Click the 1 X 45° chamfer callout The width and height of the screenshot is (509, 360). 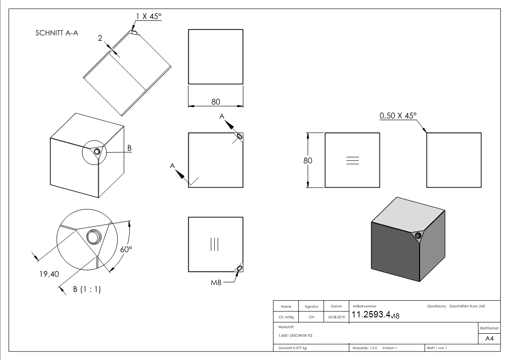click(148, 16)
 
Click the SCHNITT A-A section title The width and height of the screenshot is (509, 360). click(57, 33)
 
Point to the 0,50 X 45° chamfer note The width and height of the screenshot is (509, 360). click(398, 116)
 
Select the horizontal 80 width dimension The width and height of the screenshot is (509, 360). click(216, 102)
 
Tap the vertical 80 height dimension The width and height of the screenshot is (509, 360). click(308, 160)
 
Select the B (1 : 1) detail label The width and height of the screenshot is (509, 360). click(87, 289)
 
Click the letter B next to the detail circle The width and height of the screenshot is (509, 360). click(129, 148)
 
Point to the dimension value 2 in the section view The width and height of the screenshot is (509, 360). click(100, 39)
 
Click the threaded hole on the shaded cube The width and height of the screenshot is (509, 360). click(418, 235)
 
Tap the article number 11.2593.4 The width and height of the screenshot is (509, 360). click(371, 315)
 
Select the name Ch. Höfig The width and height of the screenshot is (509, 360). click(286, 317)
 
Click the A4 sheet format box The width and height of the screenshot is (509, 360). click(489, 338)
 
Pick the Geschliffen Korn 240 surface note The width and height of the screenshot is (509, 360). click(467, 306)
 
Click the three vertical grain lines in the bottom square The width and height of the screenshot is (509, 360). click(215, 244)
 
